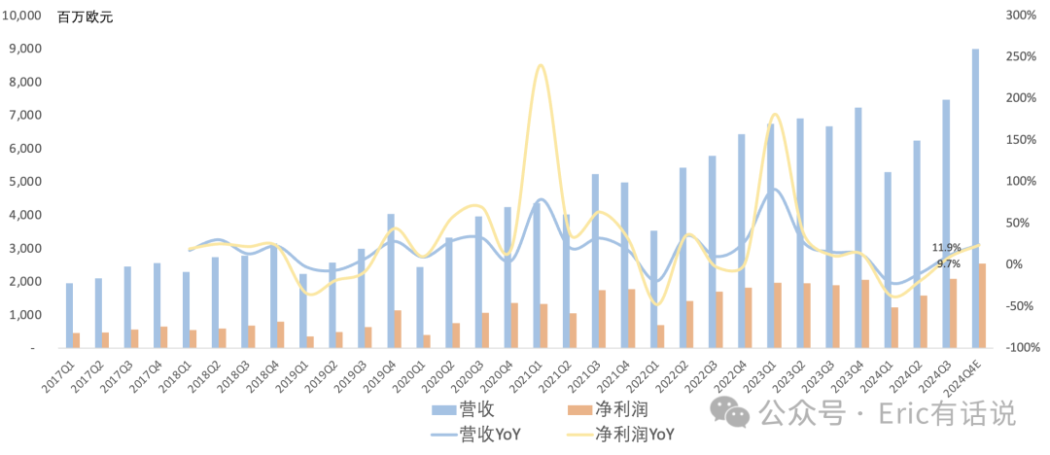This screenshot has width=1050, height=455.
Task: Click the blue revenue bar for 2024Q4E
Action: coord(975,198)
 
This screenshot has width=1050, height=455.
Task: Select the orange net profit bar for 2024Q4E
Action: coord(982,305)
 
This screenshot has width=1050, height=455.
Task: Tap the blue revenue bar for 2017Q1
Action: coord(69,316)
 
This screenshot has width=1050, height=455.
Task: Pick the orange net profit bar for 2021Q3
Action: coord(602,319)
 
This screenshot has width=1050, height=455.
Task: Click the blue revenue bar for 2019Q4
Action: coord(391,281)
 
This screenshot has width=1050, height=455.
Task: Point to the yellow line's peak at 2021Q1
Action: coord(541,65)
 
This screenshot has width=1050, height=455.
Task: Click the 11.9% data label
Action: coord(946,247)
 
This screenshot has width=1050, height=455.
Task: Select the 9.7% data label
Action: coord(948,263)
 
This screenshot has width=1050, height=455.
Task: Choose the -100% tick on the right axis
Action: coord(1021,348)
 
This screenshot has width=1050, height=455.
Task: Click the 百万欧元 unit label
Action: coord(85,18)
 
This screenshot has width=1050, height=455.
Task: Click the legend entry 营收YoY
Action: coord(475,436)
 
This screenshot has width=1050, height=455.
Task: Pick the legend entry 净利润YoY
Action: coord(620,436)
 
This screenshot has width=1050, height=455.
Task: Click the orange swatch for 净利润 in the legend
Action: coord(584,408)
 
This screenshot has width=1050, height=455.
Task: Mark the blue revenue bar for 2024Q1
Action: coord(888,260)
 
